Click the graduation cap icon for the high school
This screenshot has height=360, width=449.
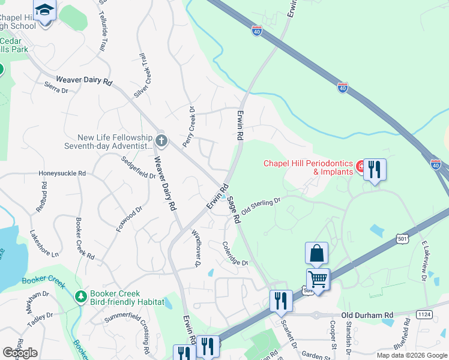point(45,10)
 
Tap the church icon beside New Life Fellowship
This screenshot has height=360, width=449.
point(161,141)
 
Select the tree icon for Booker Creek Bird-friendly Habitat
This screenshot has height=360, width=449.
point(80,297)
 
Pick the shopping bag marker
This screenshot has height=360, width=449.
point(316,254)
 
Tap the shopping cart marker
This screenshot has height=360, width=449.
point(318,278)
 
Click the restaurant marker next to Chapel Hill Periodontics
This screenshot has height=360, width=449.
point(375,169)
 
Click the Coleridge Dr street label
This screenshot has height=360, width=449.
point(235,254)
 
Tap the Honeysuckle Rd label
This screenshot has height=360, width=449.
point(62,173)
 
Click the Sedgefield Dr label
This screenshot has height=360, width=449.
point(138,168)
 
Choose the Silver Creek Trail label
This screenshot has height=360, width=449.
point(142,76)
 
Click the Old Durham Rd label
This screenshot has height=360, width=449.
point(367,314)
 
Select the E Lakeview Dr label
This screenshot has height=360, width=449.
point(424,261)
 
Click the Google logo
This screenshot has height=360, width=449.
point(20,352)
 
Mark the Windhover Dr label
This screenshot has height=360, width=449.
point(196,247)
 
